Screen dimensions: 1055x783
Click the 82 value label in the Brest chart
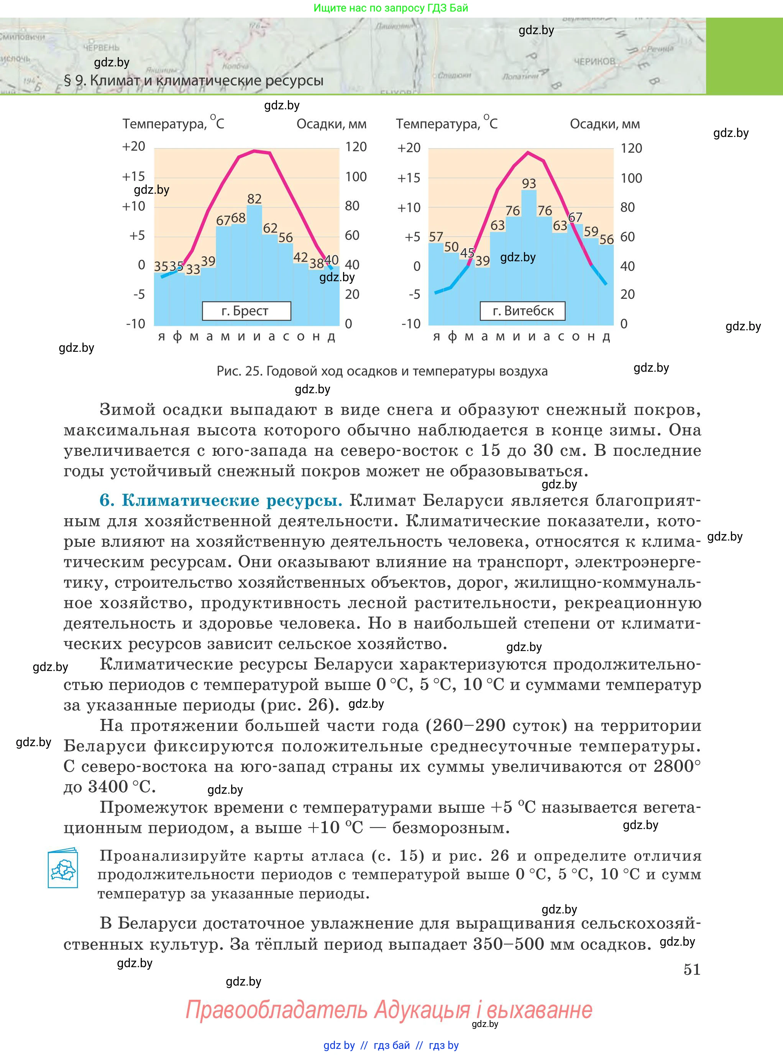point(254,199)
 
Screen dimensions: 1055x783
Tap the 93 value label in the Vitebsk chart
point(529,184)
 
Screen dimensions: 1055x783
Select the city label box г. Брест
point(246,311)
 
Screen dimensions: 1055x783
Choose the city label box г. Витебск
point(523,311)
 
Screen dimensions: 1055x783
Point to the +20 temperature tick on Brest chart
point(134,147)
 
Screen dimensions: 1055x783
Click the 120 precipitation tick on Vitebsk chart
point(631,148)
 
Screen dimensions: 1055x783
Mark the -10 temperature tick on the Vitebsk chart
point(410,324)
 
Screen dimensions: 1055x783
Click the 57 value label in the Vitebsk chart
point(436,237)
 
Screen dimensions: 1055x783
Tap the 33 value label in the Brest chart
point(193,269)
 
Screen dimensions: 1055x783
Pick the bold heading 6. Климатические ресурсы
point(221,501)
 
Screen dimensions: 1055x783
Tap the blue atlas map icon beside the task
point(63,868)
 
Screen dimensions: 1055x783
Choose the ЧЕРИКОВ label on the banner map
point(594,61)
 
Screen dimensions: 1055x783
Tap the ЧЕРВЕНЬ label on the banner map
point(101,48)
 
